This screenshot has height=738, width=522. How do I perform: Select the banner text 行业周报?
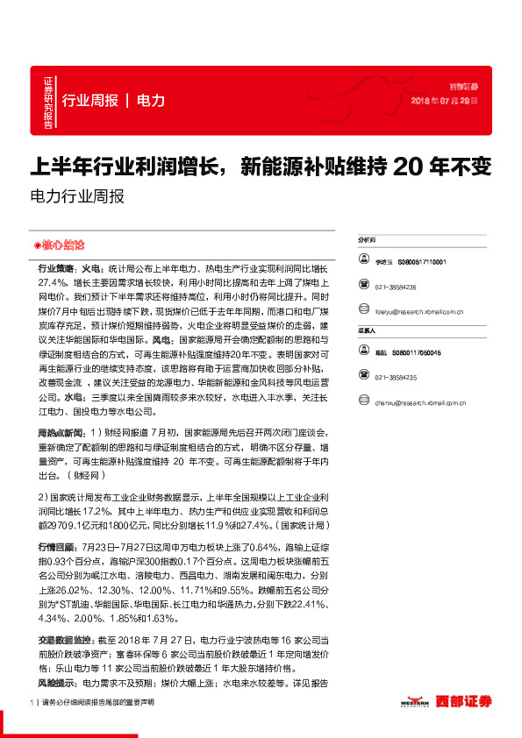tap(89, 101)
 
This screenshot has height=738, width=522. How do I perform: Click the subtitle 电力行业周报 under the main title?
tap(77, 196)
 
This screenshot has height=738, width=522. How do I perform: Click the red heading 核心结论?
tap(59, 245)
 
